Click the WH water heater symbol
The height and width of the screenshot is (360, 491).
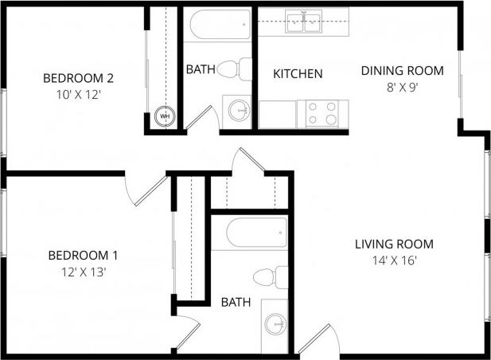[166, 116]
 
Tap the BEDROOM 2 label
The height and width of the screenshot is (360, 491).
[78, 78]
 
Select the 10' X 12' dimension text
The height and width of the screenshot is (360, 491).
[78, 94]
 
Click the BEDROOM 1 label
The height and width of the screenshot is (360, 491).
[83, 256]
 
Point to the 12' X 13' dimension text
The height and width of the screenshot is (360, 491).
[83, 272]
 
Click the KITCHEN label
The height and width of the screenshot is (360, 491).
[298, 74]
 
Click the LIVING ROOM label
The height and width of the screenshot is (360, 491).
[394, 244]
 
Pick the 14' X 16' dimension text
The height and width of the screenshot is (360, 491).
[394, 260]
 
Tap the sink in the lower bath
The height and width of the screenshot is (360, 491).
[275, 323]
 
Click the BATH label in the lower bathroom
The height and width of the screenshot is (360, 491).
[236, 303]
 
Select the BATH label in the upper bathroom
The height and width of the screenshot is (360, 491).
[200, 70]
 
